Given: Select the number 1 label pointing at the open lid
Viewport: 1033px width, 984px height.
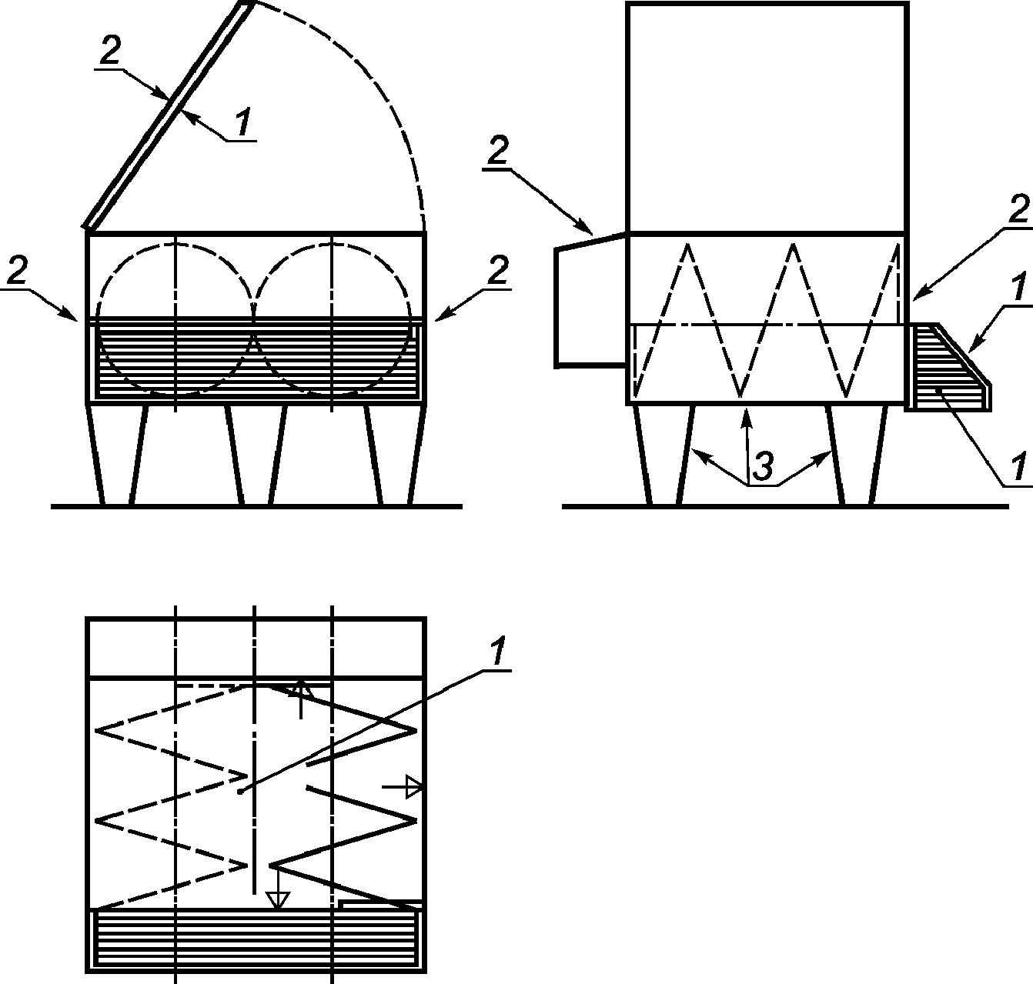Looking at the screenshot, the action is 242,122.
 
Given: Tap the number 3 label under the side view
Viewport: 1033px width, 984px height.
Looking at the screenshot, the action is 763,466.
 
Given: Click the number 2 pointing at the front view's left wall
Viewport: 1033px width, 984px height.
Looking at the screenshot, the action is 18,271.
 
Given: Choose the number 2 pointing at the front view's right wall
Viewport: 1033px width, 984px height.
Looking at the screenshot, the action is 498,270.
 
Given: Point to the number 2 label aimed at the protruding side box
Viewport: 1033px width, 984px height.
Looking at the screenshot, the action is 497,152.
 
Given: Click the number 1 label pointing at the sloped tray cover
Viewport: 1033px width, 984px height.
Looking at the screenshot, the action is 1018,288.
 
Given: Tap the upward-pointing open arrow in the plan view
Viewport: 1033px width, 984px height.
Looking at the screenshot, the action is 300,699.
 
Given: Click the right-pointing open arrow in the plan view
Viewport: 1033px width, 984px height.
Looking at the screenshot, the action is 403,786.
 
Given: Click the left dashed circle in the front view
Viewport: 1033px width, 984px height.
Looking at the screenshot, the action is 176,319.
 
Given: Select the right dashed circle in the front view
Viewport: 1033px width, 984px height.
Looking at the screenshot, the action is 333,319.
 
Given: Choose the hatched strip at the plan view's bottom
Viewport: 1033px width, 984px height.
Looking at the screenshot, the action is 256,939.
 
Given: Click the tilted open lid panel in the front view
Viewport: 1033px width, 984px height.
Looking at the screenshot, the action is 168,115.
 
